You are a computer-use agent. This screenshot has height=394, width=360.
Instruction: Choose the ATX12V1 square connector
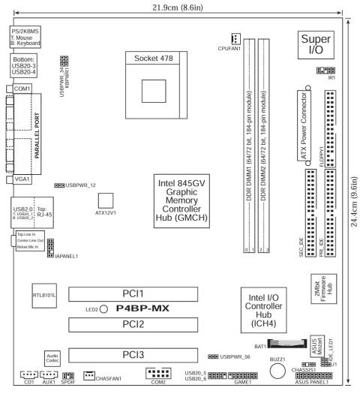105,200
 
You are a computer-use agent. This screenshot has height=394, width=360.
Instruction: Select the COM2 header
158,372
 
